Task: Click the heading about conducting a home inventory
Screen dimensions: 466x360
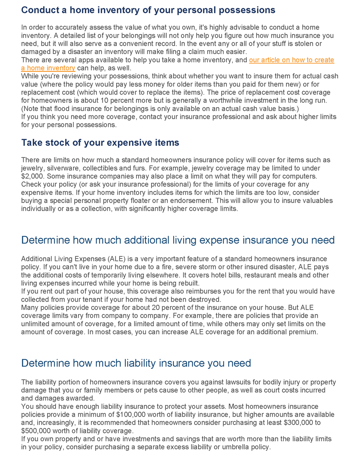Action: [148, 10]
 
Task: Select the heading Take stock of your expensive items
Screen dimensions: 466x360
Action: [100, 143]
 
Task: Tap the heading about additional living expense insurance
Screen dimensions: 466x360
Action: [178, 240]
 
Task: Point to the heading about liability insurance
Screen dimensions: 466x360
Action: [136, 363]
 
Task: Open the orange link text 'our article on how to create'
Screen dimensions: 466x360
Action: [291, 60]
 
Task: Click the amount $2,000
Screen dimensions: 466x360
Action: [33, 176]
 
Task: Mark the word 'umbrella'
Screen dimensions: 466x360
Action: [230, 447]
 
